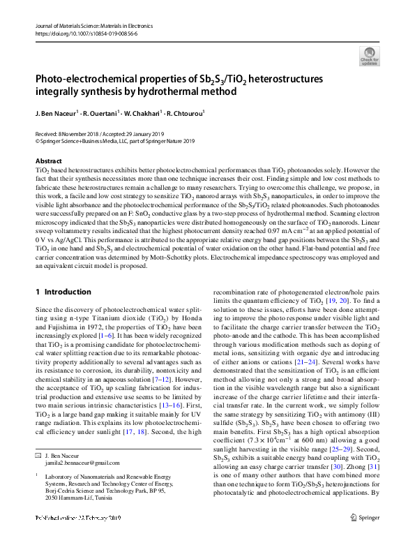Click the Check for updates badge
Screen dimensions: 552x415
pyautogui.click(x=369, y=57)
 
